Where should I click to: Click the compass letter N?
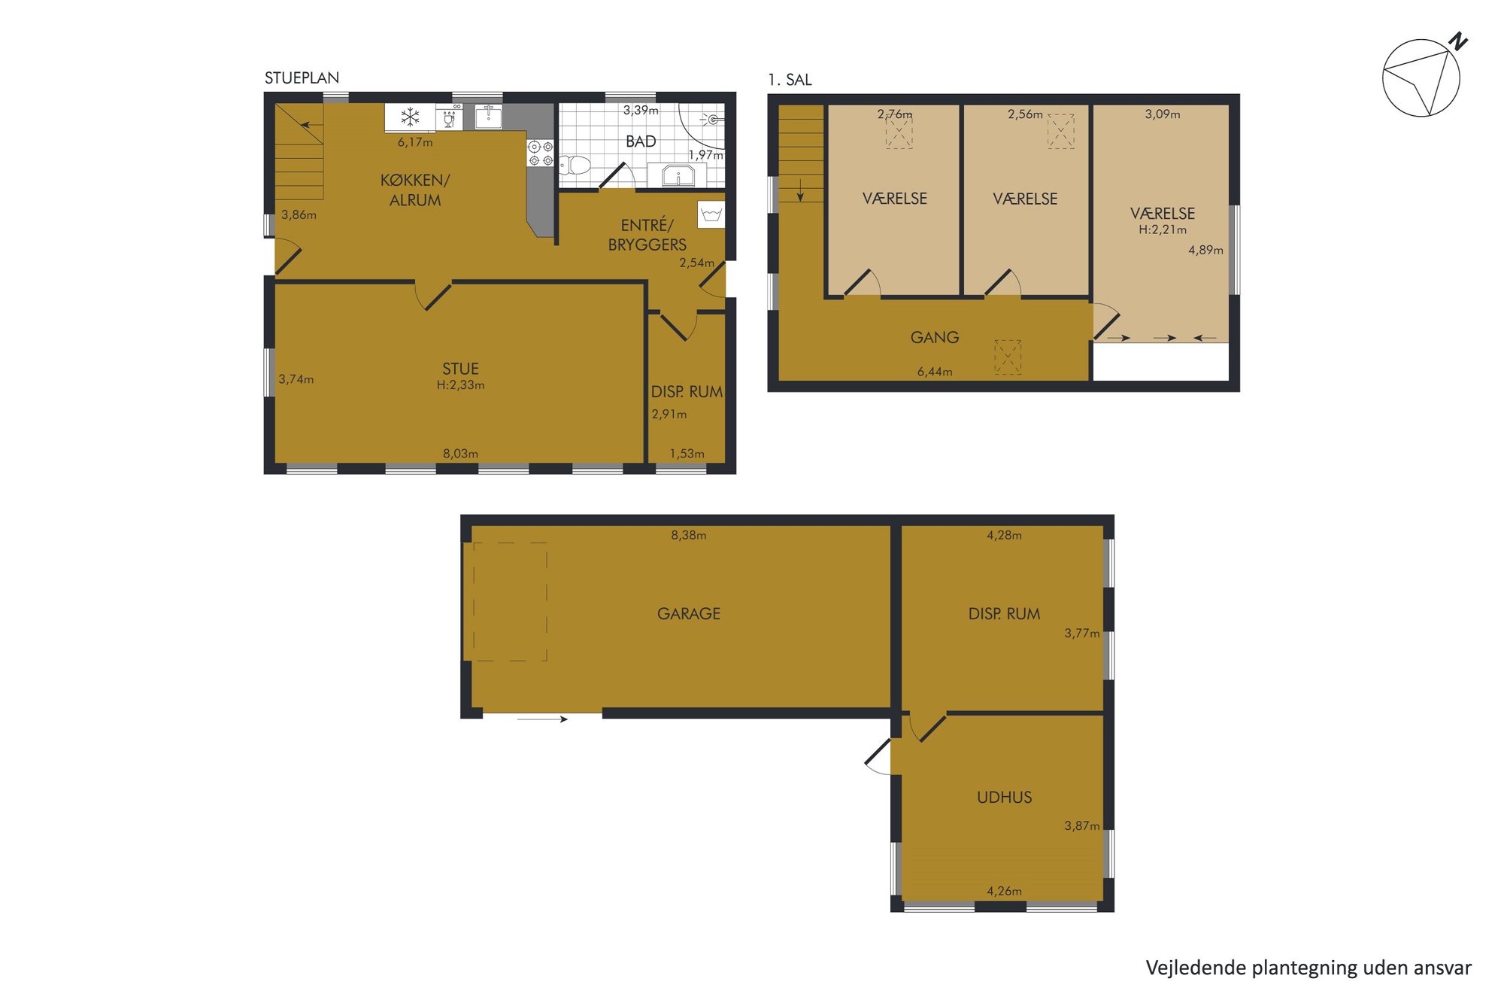point(1458,41)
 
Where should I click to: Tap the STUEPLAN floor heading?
point(302,78)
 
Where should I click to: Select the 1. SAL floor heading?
point(790,80)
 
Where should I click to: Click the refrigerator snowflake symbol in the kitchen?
point(410,117)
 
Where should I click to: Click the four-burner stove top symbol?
point(540,153)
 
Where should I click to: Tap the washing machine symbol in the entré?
point(711,214)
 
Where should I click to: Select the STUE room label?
point(460,369)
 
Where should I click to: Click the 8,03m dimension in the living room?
point(460,454)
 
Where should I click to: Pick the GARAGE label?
point(689,614)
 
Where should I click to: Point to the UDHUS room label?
point(1004,798)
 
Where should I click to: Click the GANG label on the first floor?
point(935,338)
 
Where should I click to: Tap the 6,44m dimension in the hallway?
point(935,372)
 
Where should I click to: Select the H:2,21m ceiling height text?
point(1163,230)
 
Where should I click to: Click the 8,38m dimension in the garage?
point(689,536)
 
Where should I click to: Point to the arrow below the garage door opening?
point(542,720)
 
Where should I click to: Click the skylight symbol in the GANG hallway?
point(1008,357)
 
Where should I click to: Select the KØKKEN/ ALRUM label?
point(415,190)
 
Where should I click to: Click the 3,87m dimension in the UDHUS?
point(1082,826)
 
